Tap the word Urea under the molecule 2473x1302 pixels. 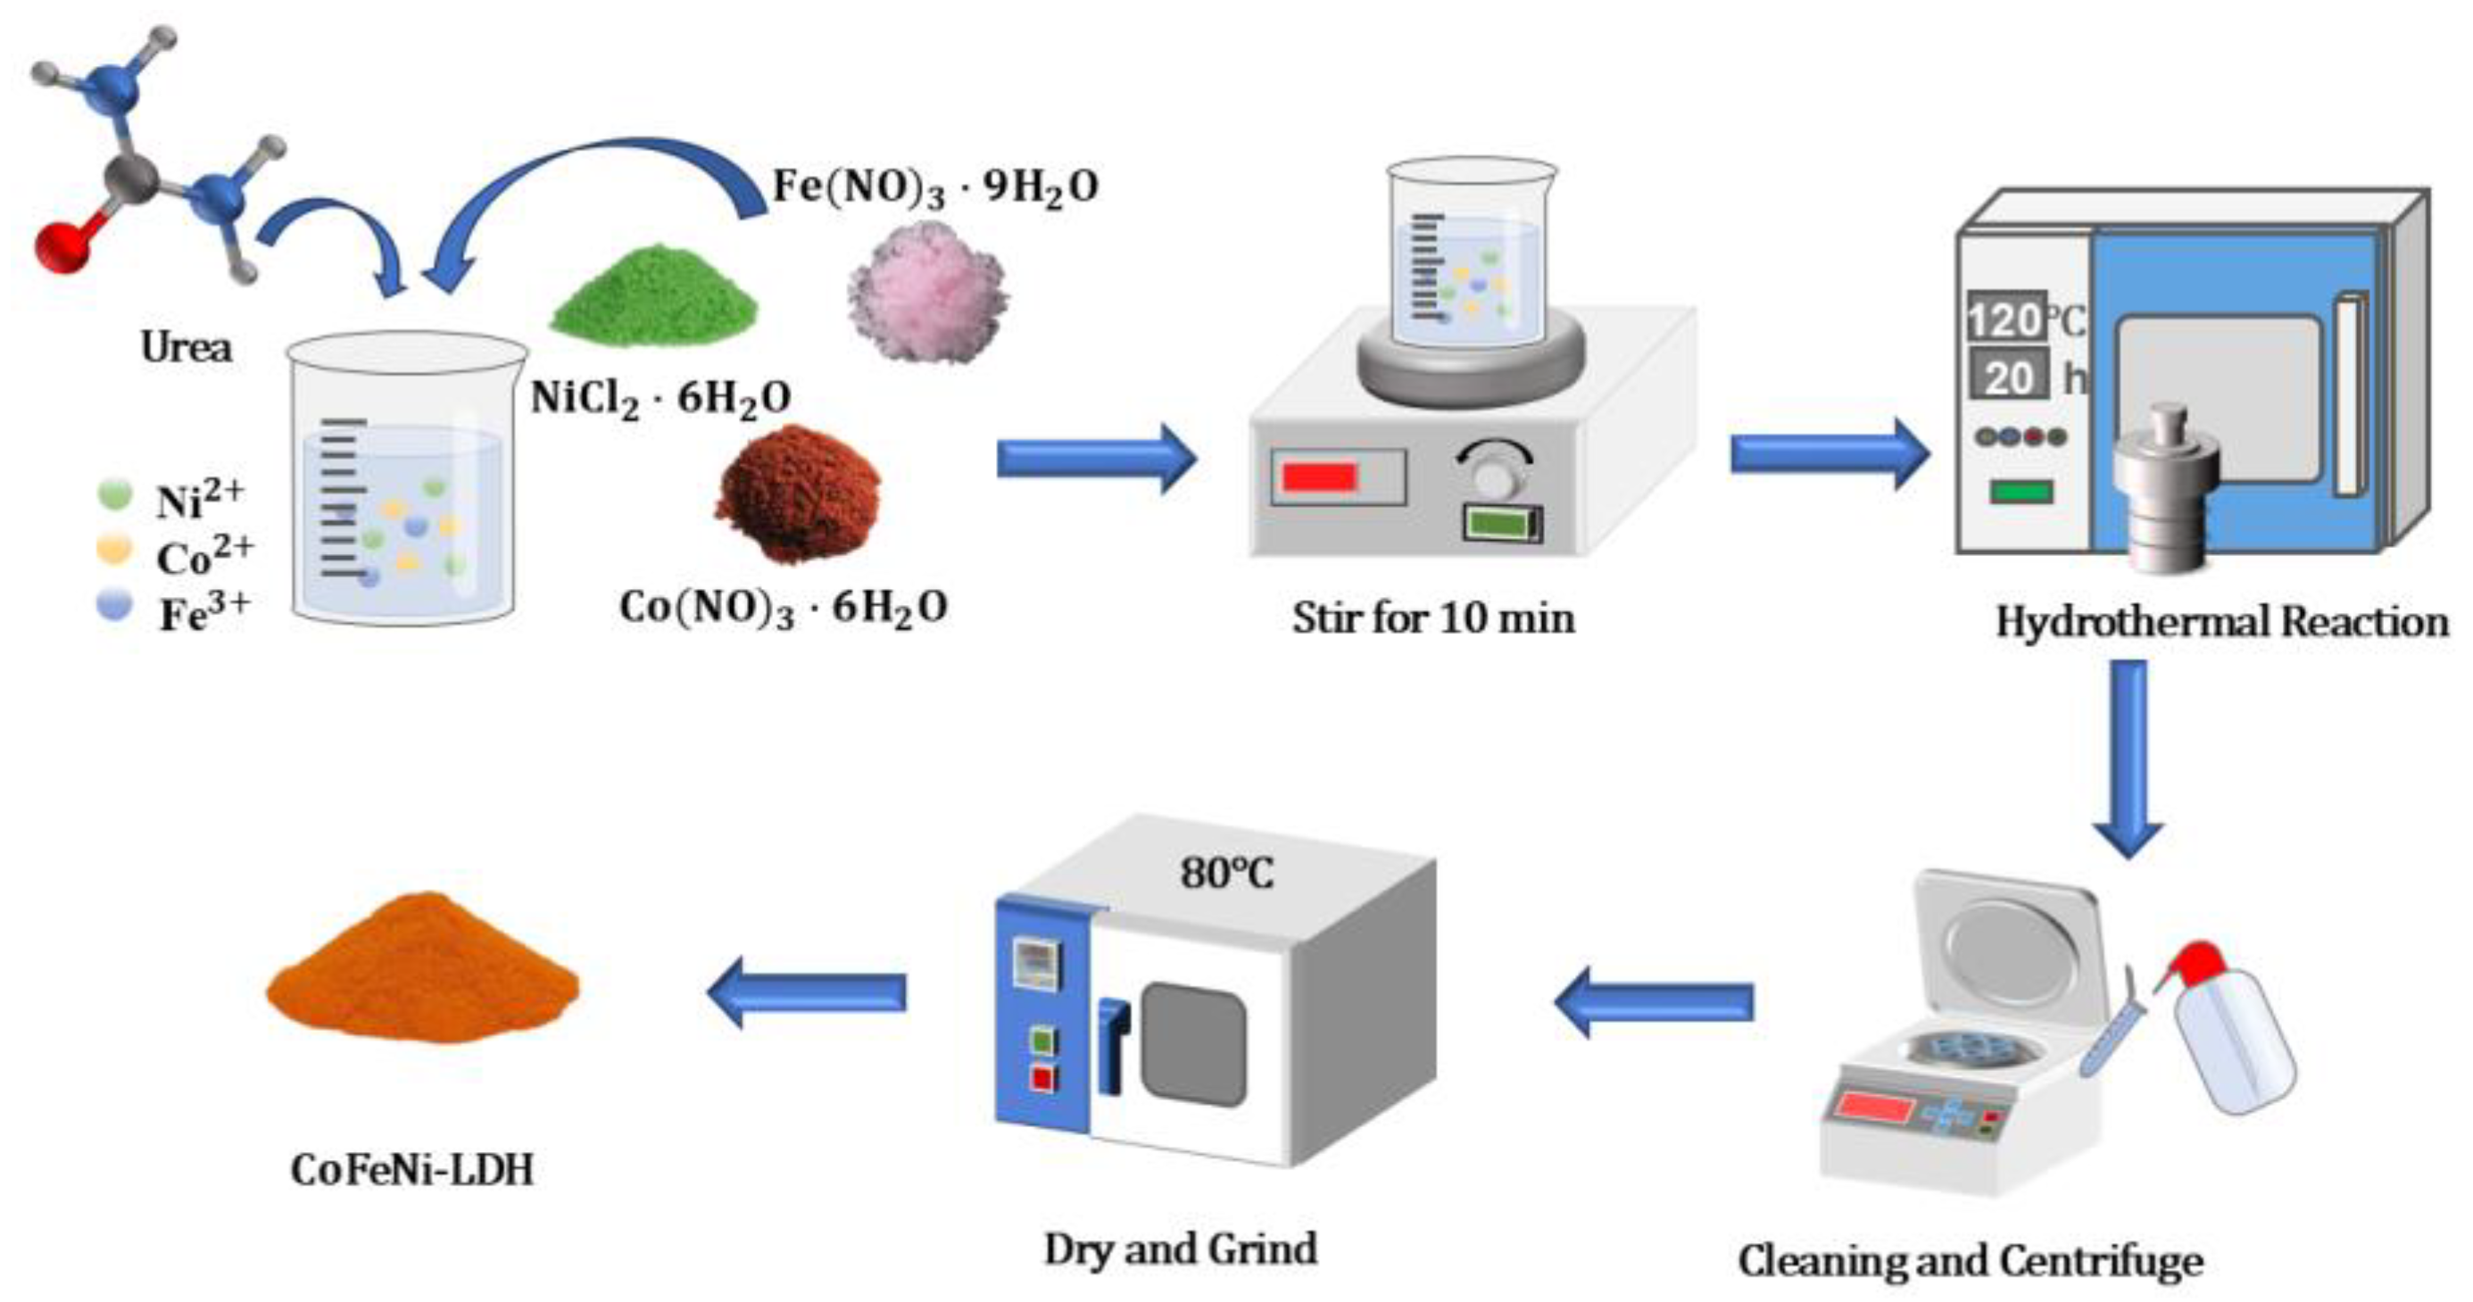(186, 347)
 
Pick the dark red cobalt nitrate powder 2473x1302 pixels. (799, 493)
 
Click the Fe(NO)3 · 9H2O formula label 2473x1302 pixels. (935, 187)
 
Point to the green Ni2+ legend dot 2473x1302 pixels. (115, 494)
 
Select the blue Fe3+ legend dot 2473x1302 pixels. (114, 606)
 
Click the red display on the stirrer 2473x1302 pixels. (1320, 477)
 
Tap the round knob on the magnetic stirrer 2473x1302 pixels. (1495, 476)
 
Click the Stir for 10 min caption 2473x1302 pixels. (1433, 618)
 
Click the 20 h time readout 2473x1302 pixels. (2009, 377)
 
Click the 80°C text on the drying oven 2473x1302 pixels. (1227, 872)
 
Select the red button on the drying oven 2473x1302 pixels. (1041, 1077)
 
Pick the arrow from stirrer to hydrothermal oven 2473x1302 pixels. (1829, 453)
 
